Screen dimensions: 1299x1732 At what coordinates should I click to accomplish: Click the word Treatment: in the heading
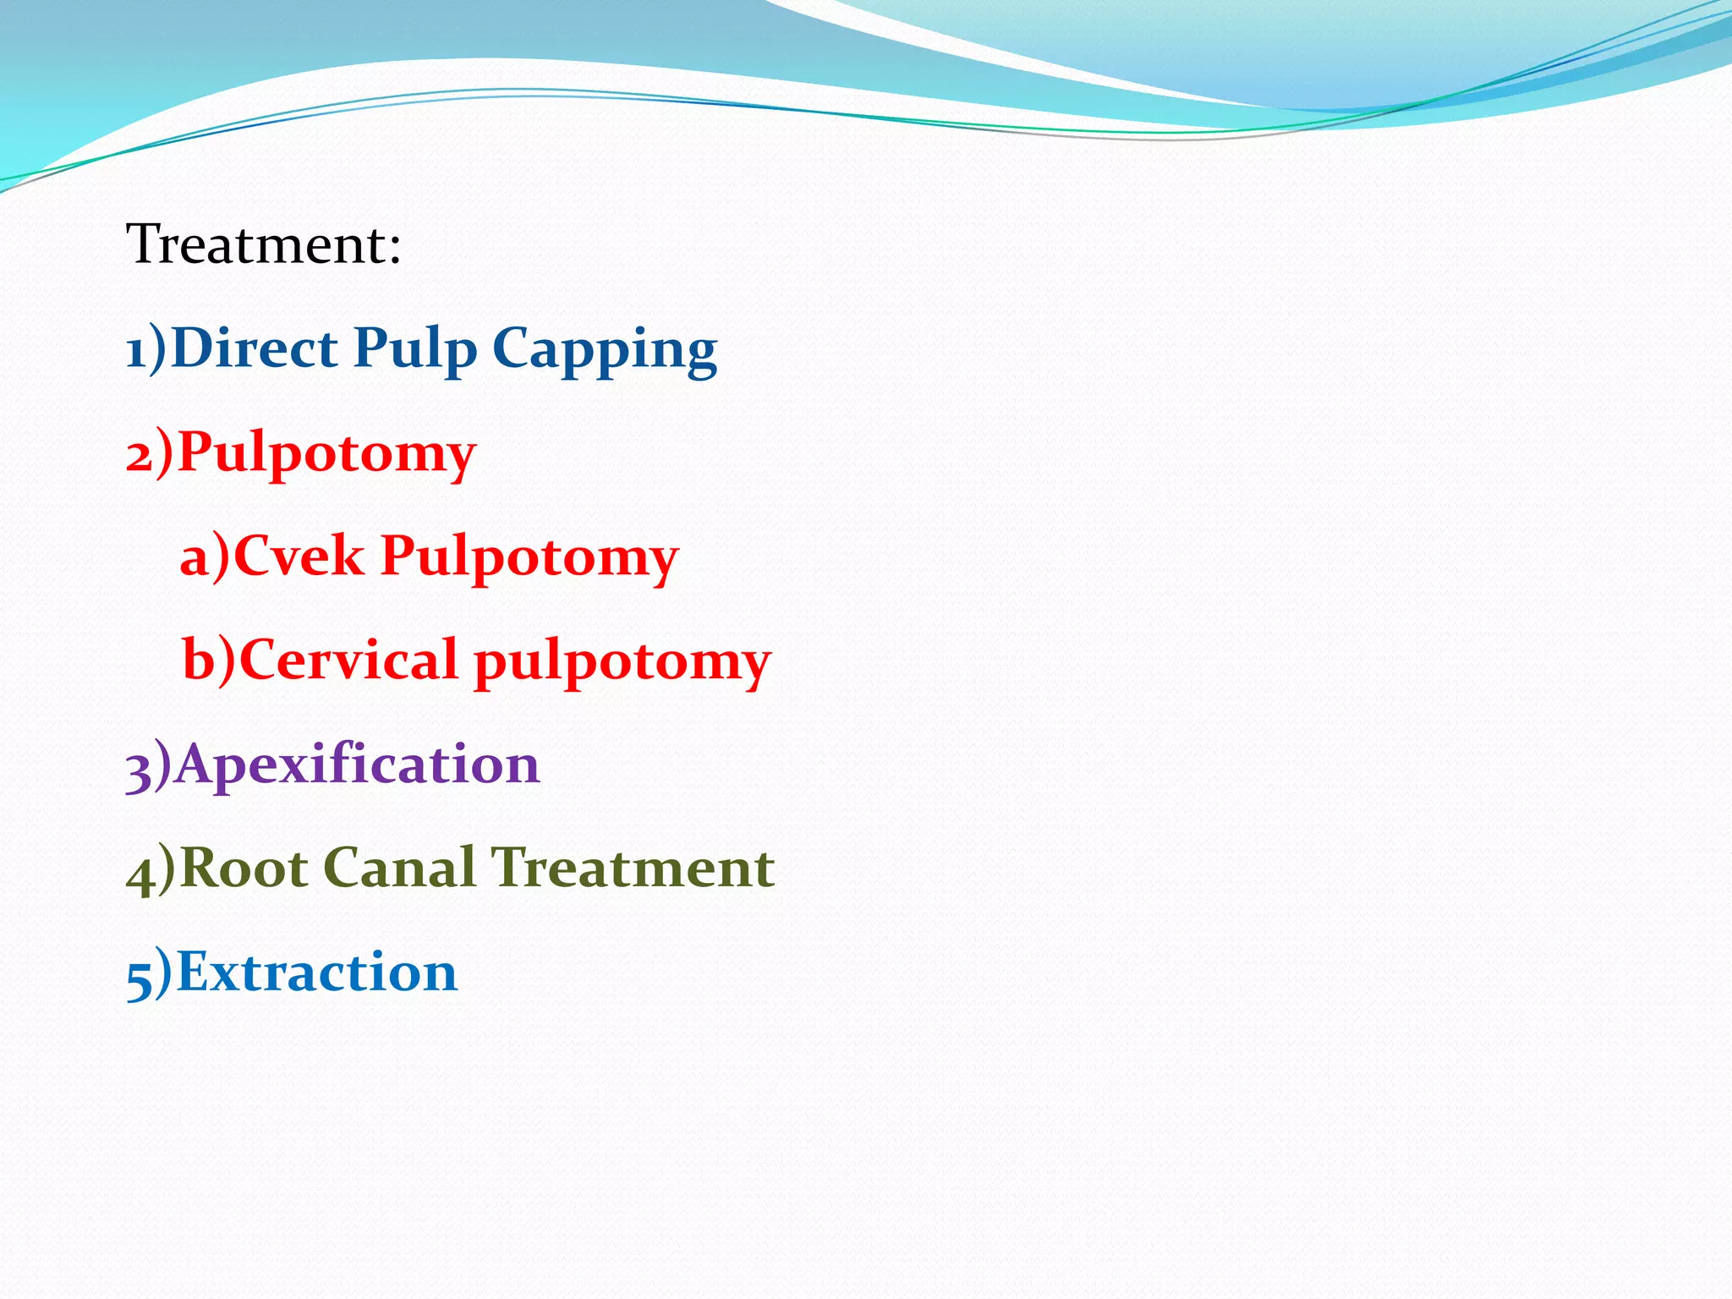pyautogui.click(x=263, y=244)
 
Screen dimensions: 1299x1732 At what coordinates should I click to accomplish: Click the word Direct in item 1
pyautogui.click(x=254, y=348)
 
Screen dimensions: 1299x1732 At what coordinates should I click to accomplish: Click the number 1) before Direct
pyautogui.click(x=145, y=349)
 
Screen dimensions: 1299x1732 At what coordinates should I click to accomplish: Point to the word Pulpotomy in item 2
pyautogui.click(x=326, y=454)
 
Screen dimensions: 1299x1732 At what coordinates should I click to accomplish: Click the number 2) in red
pyautogui.click(x=149, y=454)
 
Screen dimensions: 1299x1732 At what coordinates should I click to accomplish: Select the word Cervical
pyautogui.click(x=348, y=660)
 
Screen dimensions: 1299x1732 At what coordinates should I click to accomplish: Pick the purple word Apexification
pyautogui.click(x=357, y=765)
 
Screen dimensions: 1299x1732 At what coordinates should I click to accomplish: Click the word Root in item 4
pyautogui.click(x=244, y=869)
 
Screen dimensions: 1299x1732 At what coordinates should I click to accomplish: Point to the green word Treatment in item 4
pyautogui.click(x=633, y=869)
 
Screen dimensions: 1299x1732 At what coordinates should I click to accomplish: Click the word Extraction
pyautogui.click(x=317, y=973)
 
